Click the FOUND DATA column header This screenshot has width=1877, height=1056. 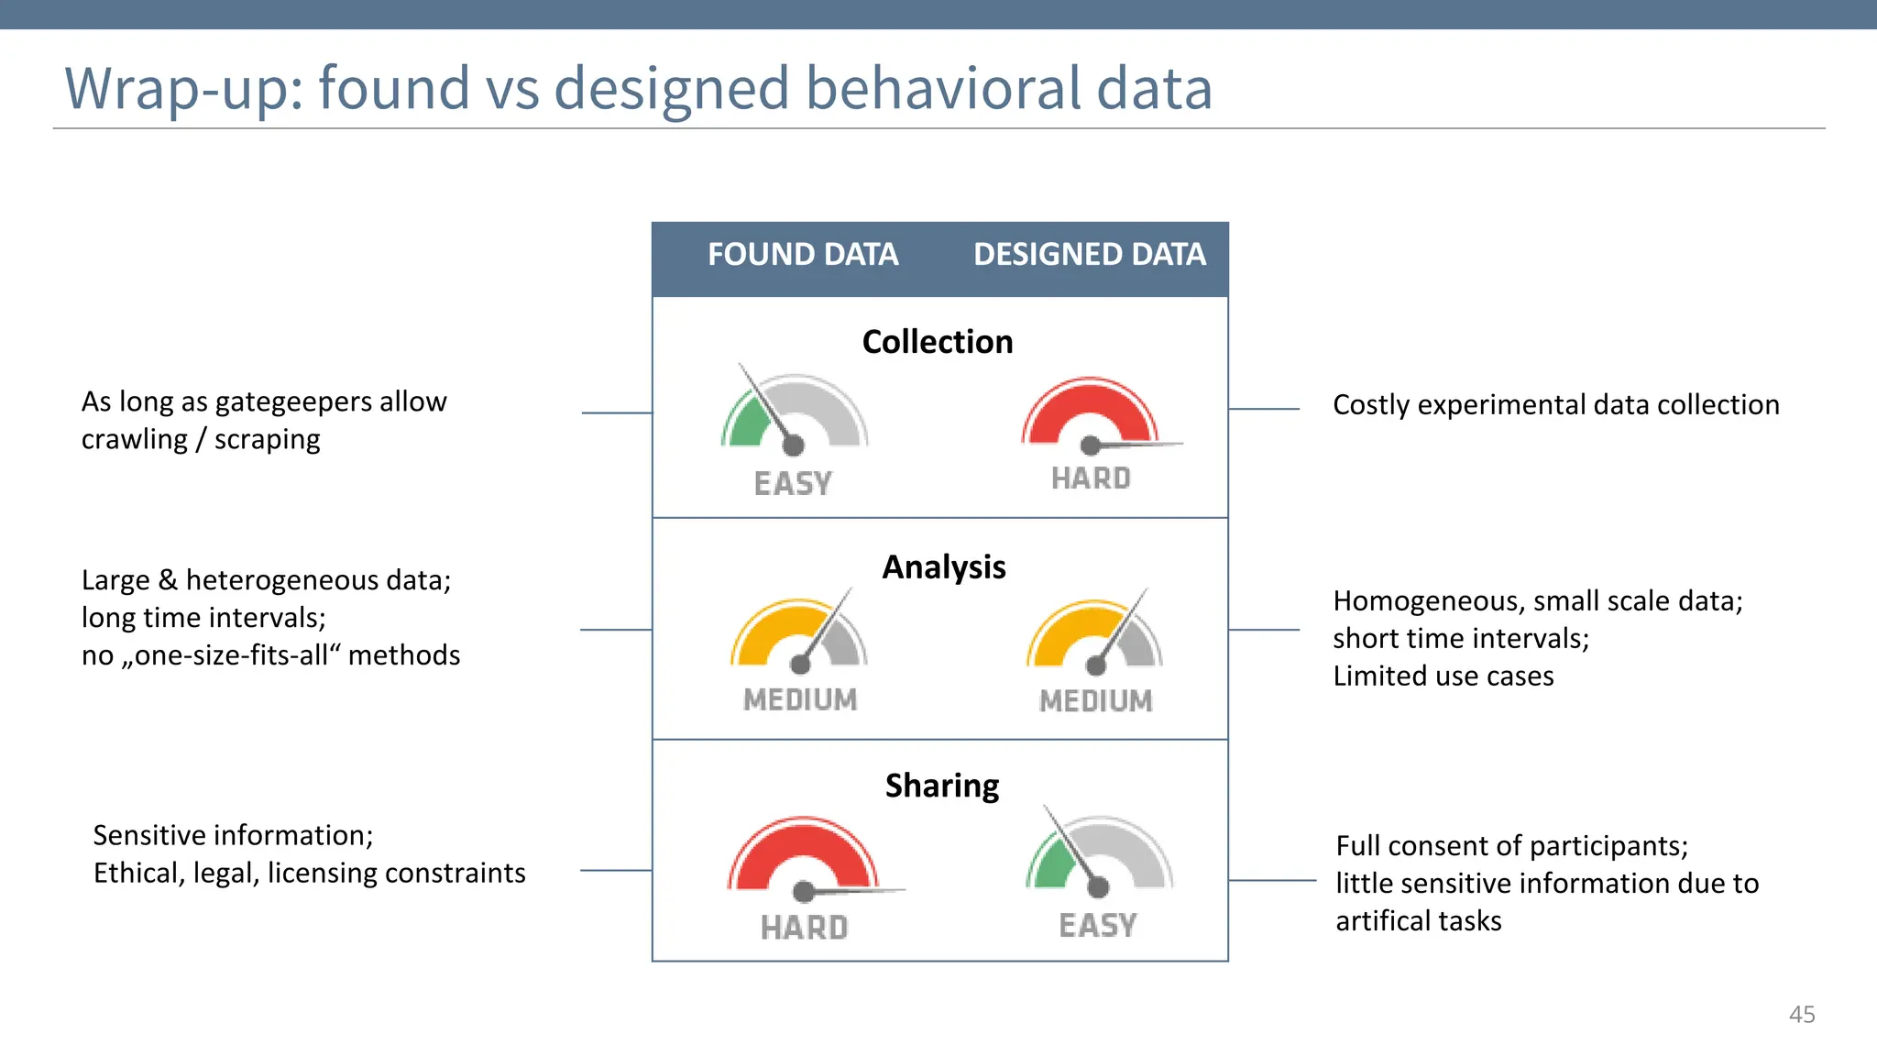point(802,254)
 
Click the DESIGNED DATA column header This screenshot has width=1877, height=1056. point(1089,254)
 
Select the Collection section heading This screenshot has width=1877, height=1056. point(938,342)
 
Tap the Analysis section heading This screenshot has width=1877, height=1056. point(943,567)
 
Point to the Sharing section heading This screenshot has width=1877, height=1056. point(942,786)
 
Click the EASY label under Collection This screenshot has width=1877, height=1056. point(793,483)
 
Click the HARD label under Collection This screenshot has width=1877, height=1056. point(1091,478)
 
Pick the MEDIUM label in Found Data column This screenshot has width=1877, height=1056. point(800,699)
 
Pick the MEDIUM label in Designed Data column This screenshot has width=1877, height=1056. point(1095,700)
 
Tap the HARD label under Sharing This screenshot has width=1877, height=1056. point(804,927)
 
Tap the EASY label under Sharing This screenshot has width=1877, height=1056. point(1097,925)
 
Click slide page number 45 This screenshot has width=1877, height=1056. point(1801,1014)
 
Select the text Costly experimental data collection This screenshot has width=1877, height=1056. point(1555,404)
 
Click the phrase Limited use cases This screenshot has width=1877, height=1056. point(1443,676)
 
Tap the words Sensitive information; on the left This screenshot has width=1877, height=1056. point(233,835)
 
